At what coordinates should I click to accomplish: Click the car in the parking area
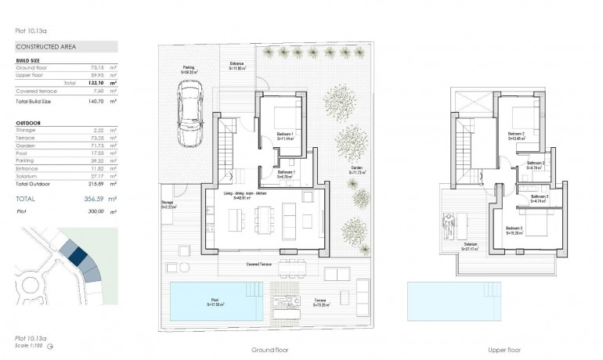coord(190,115)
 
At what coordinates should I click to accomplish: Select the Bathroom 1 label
coord(286,173)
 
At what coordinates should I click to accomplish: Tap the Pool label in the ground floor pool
coord(214,301)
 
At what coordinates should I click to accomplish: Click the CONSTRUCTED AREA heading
coord(45,47)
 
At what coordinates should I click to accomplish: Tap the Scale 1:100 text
coord(28,345)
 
